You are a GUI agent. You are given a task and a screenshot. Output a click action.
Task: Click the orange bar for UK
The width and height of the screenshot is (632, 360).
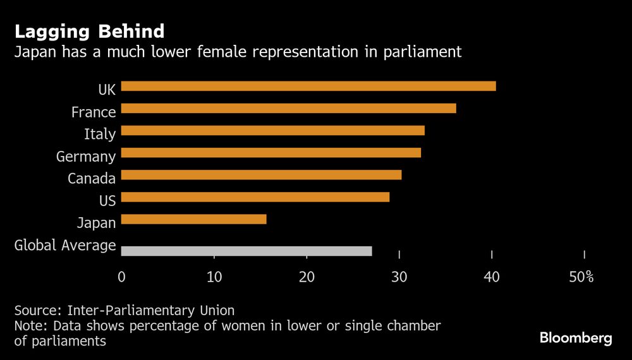point(308,86)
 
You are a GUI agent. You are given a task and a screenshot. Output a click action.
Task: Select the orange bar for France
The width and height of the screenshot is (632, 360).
point(288,109)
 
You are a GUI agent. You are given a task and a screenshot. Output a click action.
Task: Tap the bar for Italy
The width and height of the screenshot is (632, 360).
point(272,131)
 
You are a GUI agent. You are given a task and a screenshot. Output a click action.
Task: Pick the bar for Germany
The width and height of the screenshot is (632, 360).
point(270,153)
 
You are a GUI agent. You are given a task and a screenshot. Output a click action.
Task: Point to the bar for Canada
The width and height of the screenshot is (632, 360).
point(261,175)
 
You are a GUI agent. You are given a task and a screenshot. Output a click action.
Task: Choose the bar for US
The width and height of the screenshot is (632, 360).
point(255,197)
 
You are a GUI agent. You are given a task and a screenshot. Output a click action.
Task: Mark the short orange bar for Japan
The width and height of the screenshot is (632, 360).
point(193,219)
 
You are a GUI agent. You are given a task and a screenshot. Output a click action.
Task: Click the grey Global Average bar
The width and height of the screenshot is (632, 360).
point(246,251)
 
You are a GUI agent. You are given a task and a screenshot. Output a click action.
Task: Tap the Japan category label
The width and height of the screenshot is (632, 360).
point(96,223)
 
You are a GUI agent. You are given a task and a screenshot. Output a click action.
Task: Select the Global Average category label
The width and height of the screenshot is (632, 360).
point(65,245)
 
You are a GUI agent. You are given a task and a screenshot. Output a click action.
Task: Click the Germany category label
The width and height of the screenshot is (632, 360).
point(86,157)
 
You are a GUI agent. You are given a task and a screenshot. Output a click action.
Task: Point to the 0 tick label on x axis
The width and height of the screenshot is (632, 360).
point(121,277)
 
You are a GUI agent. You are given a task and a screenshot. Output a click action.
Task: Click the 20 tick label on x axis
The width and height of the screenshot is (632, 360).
point(307,277)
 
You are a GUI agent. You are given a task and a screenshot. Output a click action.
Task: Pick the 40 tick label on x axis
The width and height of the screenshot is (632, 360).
point(492,277)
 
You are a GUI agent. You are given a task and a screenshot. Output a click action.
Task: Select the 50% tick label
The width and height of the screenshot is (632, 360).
point(581,277)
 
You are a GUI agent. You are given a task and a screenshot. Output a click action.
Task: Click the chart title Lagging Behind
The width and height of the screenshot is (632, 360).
point(89,31)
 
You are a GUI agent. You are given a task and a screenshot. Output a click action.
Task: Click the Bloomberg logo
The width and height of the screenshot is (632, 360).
point(576,339)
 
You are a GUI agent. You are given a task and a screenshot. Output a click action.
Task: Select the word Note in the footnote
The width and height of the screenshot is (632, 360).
point(30,326)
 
